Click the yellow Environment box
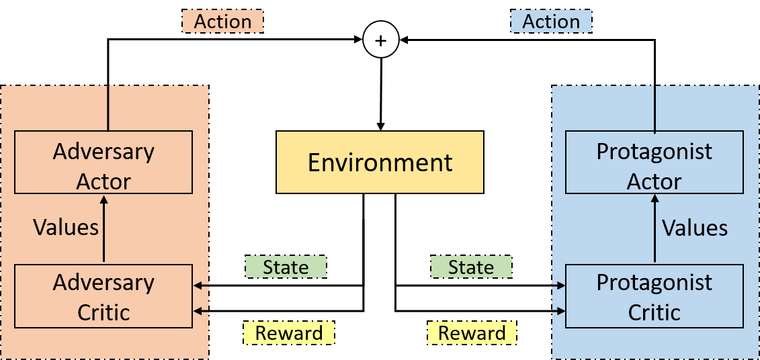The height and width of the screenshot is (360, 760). (380, 162)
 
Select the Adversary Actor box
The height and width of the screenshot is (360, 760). (103, 163)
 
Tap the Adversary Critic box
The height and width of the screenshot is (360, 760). (103, 296)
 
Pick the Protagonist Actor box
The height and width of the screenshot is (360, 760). (654, 163)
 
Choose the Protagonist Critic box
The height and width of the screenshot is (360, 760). (654, 296)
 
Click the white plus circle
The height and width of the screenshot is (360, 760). (380, 40)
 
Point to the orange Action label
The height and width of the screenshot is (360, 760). (222, 21)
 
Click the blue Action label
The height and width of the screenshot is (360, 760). (551, 21)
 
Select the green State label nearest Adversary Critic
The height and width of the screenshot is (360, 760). (286, 267)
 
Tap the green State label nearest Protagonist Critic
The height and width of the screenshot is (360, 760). (471, 267)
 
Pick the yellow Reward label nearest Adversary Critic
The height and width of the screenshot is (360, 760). (288, 332)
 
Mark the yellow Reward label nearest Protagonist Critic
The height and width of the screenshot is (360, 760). (472, 332)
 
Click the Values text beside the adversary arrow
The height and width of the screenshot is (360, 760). (66, 228)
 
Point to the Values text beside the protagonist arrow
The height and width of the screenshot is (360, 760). (695, 228)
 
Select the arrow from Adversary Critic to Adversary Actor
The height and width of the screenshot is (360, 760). (103, 228)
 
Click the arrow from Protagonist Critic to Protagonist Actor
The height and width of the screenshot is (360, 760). (655, 228)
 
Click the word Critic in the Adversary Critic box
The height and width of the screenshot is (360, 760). (103, 312)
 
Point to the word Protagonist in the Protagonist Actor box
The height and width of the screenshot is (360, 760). (654, 151)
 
